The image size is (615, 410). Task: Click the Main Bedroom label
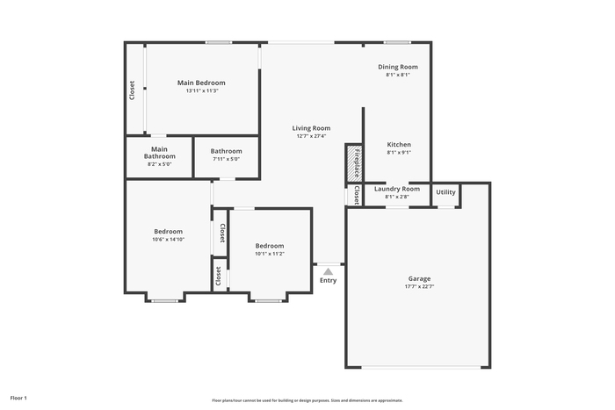[x=201, y=83]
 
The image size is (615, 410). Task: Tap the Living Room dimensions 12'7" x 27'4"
[x=311, y=136]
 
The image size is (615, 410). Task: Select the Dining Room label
[x=398, y=67]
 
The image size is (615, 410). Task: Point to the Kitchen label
[x=399, y=144]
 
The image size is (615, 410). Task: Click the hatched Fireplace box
[x=354, y=163]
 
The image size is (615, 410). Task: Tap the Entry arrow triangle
[x=329, y=271]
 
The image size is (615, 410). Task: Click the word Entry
[x=328, y=280]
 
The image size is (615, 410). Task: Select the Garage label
[x=419, y=278]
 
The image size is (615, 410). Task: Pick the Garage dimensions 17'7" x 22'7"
[x=419, y=286]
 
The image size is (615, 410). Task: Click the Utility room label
[x=445, y=192]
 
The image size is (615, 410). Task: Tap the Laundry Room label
[x=397, y=189]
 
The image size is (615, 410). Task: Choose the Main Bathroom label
[x=159, y=153]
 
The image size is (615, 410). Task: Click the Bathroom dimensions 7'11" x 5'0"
[x=227, y=159]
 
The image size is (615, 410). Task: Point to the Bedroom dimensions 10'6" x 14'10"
[x=169, y=240]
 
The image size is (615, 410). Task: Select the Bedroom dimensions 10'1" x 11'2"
[x=270, y=254]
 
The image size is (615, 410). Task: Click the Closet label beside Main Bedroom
[x=132, y=90]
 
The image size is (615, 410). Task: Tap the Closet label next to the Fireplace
[x=357, y=195]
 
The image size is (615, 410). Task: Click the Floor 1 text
[x=18, y=398]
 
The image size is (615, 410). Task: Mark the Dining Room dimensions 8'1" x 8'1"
[x=398, y=75]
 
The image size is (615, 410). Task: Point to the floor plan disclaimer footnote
[x=307, y=400]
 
